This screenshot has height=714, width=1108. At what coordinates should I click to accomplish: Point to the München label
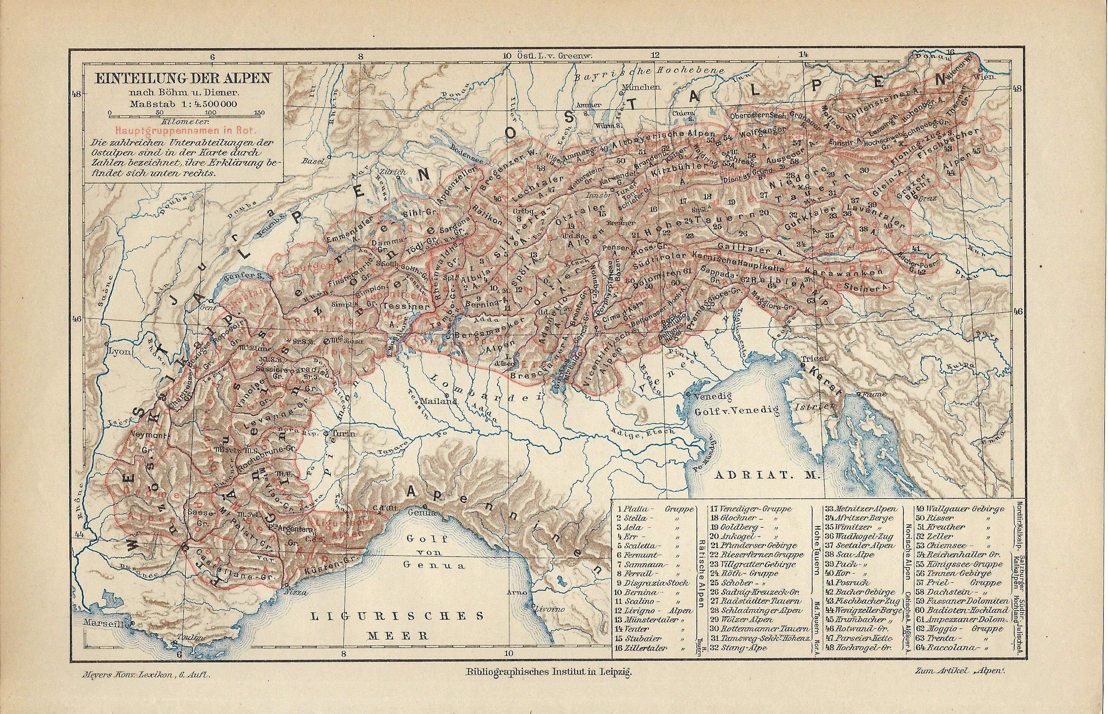641,87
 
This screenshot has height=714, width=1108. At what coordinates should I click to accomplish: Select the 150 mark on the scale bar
260,113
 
